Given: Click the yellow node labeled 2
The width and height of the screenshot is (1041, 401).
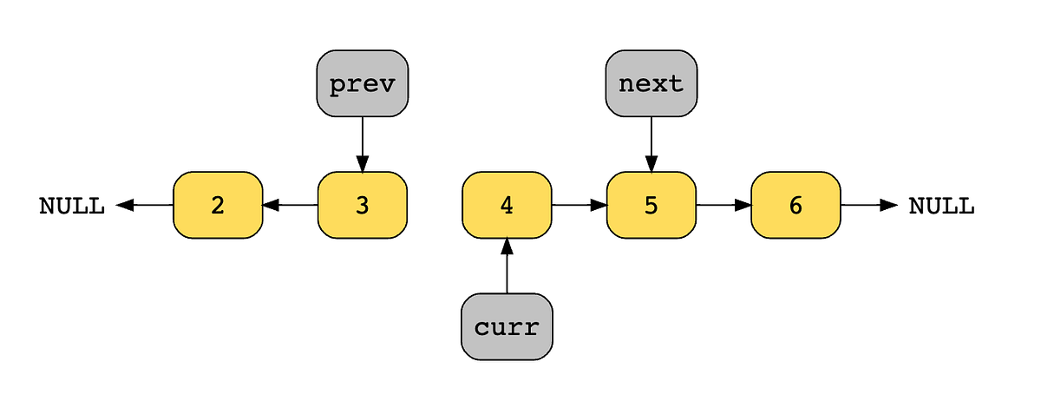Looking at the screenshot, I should tap(218, 205).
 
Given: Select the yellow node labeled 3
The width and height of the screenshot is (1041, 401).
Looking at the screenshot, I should tap(363, 205).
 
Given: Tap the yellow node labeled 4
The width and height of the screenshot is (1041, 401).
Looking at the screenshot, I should tap(507, 205).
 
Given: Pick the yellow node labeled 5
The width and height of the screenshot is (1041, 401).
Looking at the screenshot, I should tap(651, 205).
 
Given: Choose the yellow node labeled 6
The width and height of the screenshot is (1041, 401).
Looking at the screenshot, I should tap(795, 205).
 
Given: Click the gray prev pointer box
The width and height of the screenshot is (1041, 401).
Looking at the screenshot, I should tap(363, 83).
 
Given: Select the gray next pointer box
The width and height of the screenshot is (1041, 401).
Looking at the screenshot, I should tap(651, 83).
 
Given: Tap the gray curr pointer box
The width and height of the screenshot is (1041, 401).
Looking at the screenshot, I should tap(507, 326).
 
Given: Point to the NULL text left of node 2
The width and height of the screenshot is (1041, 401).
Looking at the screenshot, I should tap(72, 206).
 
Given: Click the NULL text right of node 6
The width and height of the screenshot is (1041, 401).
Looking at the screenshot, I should tap(941, 206).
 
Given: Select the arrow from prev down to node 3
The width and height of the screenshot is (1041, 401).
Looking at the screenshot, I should tap(363, 144).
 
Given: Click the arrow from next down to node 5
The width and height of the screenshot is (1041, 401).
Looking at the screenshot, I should tap(651, 144).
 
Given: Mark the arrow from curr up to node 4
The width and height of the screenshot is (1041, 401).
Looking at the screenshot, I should tap(507, 266).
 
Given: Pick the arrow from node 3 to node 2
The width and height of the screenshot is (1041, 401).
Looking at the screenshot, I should tap(290, 205).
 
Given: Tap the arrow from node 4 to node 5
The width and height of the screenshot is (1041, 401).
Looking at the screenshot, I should tap(579, 205).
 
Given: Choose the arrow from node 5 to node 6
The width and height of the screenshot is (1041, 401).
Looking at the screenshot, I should tap(723, 205).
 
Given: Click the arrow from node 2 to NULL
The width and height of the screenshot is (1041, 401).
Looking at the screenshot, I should tap(144, 205).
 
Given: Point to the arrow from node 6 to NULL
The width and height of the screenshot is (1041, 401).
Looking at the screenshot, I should tap(868, 205).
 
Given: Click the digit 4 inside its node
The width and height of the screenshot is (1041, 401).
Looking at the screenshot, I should tap(507, 206).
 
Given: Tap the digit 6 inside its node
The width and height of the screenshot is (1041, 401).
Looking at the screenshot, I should tap(795, 206).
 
